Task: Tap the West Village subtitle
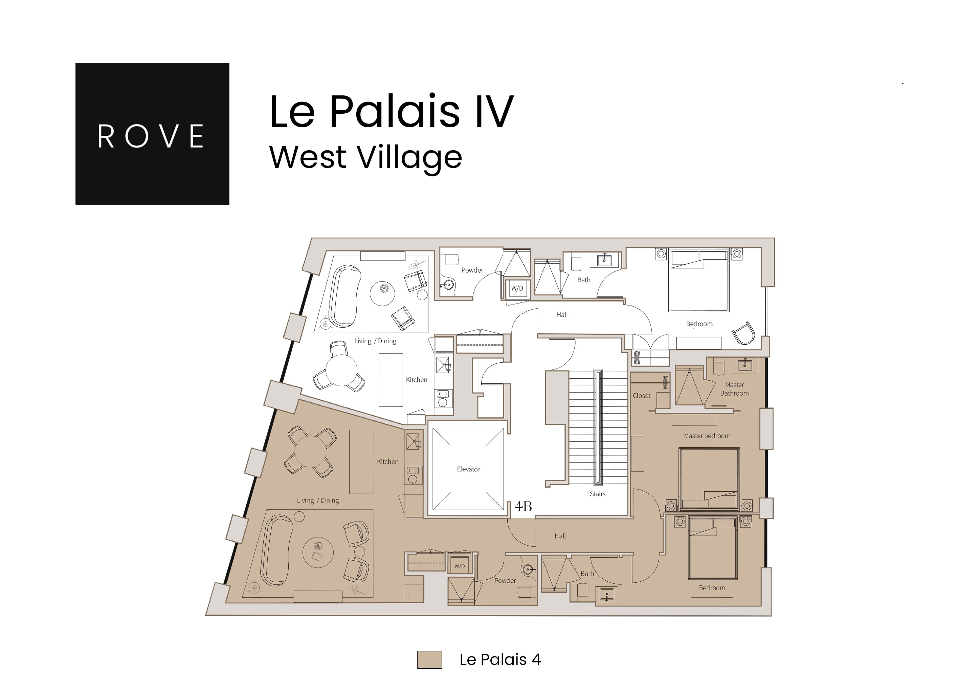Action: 365,157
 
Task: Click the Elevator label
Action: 468,469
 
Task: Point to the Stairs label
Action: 597,494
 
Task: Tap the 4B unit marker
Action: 523,506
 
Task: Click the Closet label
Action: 641,396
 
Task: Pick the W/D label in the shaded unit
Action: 459,566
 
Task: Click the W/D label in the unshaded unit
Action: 517,288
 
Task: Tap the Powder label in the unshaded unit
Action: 472,270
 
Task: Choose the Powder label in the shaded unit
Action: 505,580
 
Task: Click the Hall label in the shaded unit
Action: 560,536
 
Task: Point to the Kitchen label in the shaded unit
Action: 387,461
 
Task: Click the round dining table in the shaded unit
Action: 310,451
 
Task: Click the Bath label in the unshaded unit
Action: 583,280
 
